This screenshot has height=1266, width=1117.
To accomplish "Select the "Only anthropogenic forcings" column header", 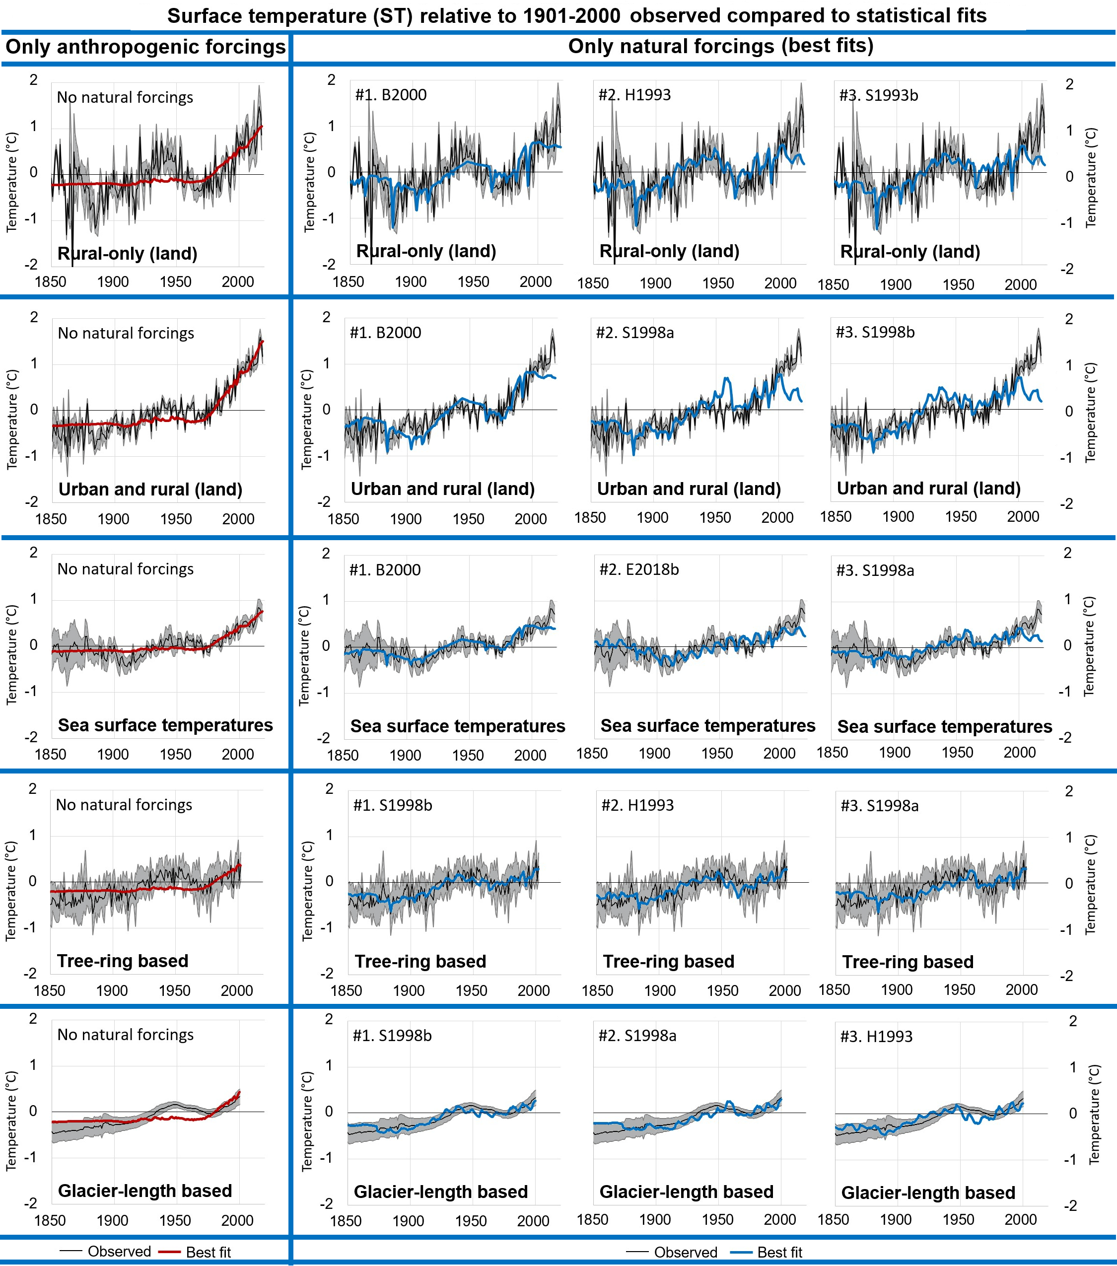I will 145,47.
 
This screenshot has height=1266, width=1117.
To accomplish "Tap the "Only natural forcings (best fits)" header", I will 721,46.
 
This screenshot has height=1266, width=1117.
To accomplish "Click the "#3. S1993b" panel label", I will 879,95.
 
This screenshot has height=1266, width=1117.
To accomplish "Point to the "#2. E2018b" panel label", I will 639,570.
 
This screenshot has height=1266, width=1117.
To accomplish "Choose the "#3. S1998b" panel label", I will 875,333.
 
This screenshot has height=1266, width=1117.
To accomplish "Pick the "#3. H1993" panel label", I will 876,1037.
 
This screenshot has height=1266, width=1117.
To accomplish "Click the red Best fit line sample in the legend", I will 169,1252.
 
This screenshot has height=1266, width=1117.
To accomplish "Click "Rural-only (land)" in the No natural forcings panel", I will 128,253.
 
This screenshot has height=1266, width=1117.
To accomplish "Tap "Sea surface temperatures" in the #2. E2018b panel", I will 708,726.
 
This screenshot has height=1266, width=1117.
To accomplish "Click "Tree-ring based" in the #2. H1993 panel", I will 669,961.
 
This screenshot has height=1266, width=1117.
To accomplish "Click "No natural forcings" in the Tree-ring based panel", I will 124,805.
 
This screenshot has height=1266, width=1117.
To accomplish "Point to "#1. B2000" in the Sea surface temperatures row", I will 385,570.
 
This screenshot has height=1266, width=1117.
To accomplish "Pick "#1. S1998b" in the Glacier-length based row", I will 392,1036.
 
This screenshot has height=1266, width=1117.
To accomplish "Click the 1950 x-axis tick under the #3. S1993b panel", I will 959,285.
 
